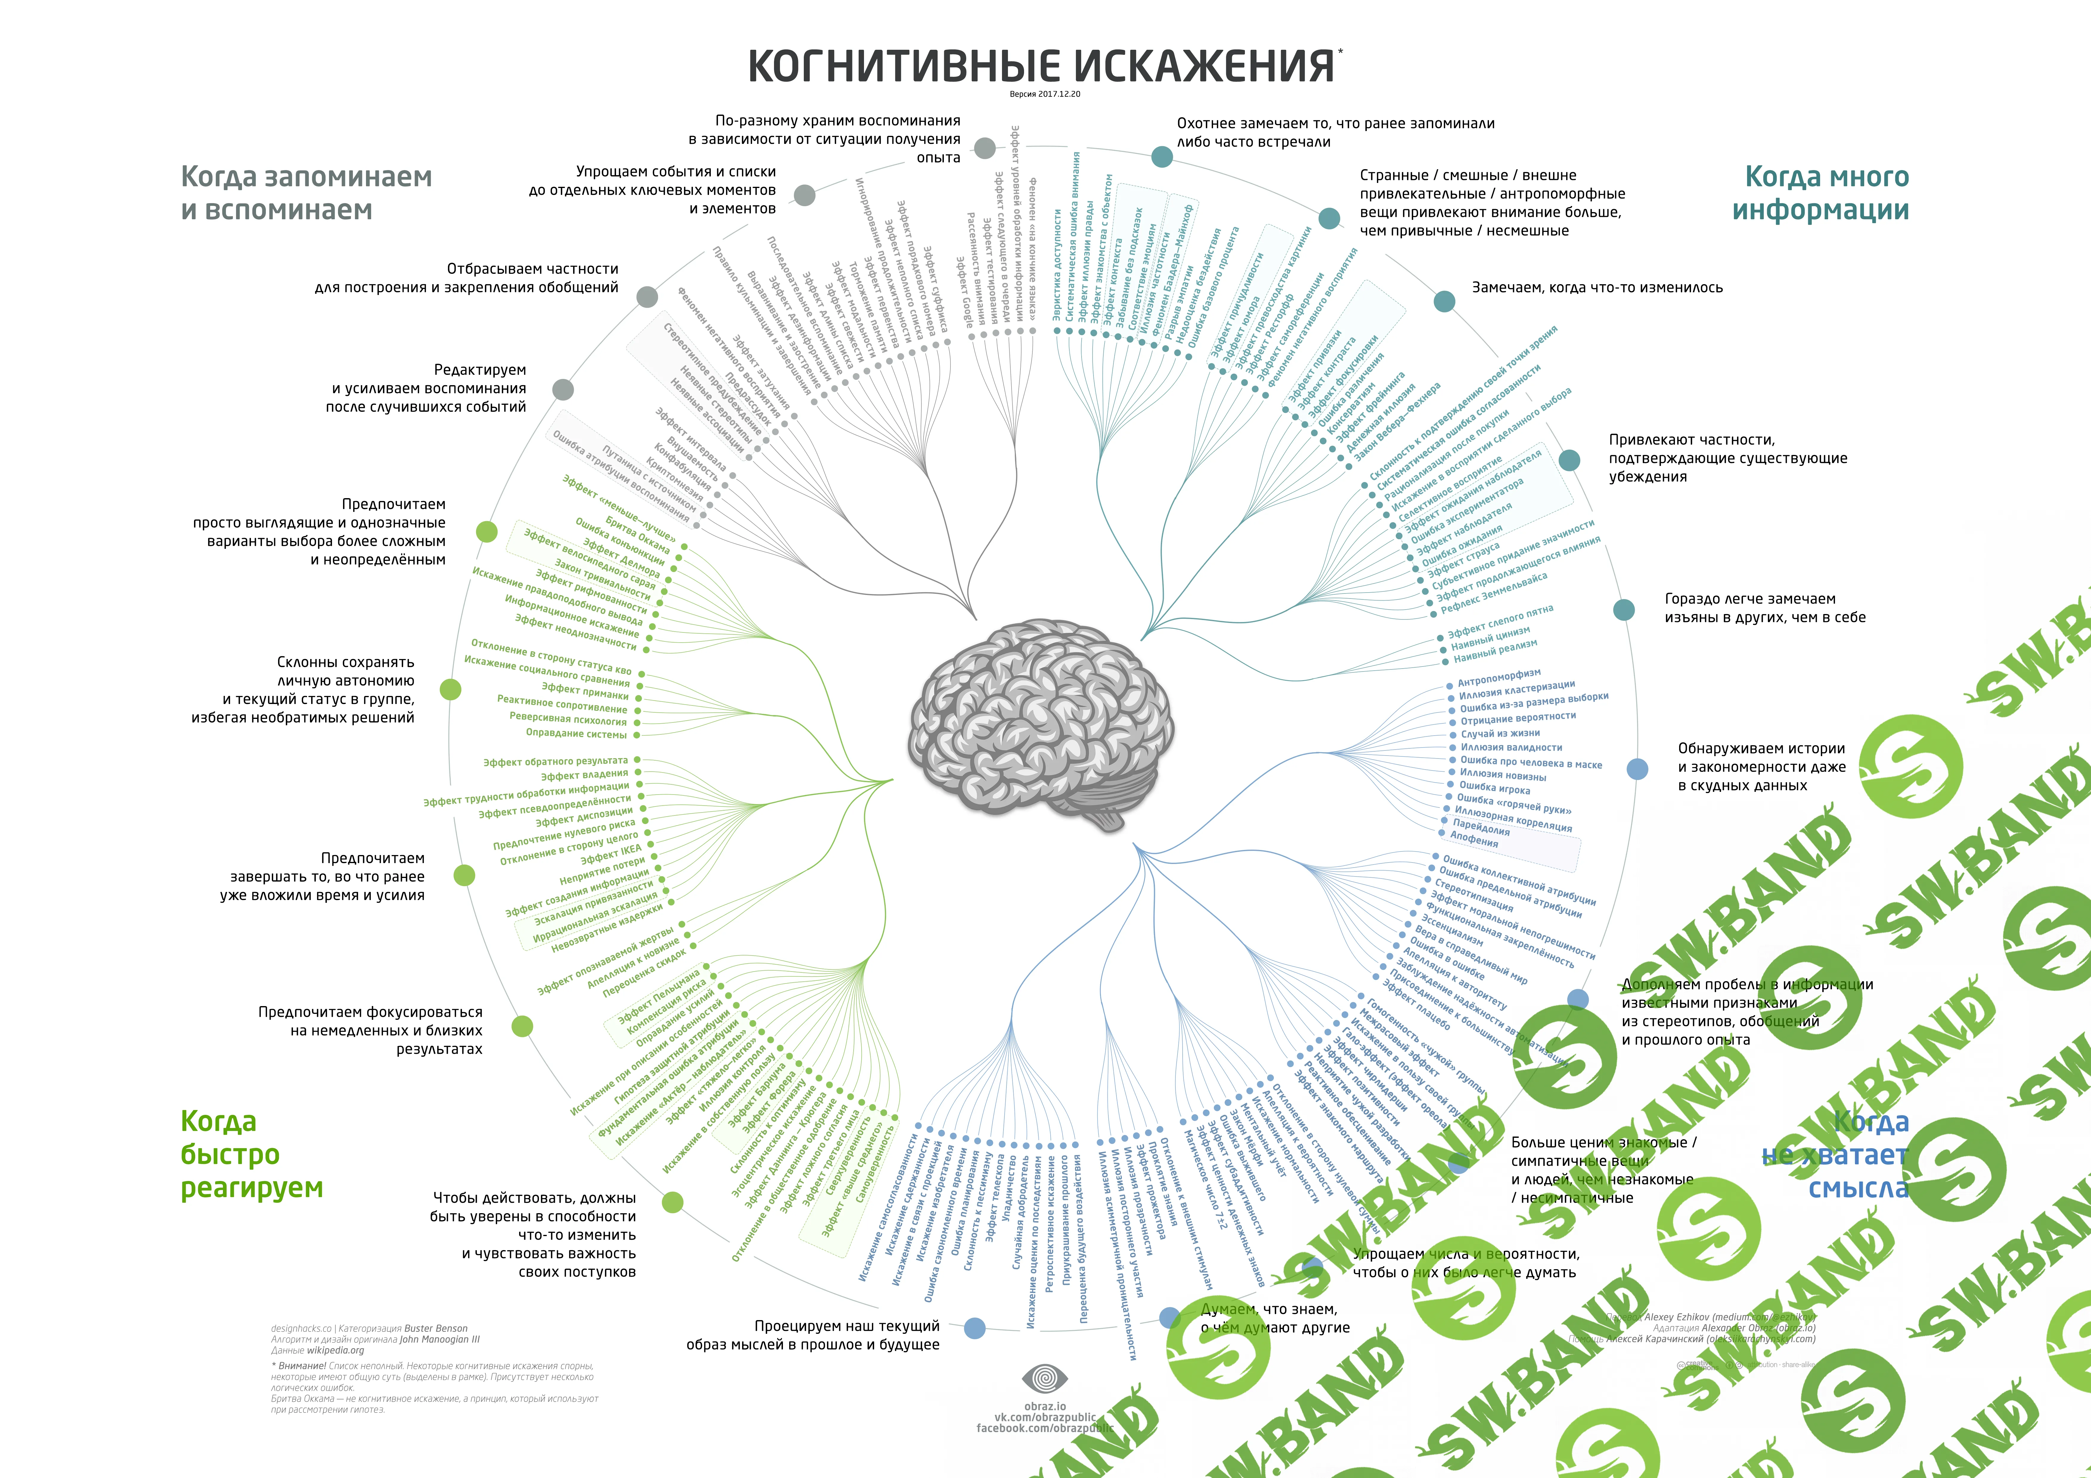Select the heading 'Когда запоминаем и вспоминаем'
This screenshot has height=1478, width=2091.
pyautogui.click(x=306, y=193)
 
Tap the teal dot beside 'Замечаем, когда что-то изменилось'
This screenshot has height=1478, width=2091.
pyautogui.click(x=1444, y=301)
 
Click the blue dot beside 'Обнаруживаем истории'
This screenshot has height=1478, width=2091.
pyautogui.click(x=1637, y=770)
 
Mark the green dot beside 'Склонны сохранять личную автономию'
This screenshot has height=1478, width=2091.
pyautogui.click(x=450, y=689)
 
